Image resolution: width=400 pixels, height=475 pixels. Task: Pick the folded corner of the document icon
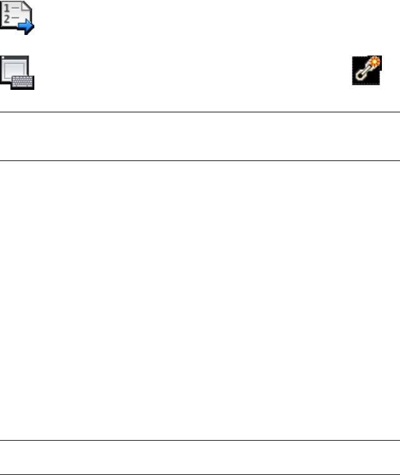(x=26, y=6)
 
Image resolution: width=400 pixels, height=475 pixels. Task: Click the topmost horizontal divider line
(x=200, y=112)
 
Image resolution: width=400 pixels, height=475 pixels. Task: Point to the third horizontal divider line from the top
(x=200, y=441)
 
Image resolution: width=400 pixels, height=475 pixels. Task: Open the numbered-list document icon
(x=17, y=16)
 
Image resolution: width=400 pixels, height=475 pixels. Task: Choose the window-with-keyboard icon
(x=17, y=72)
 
